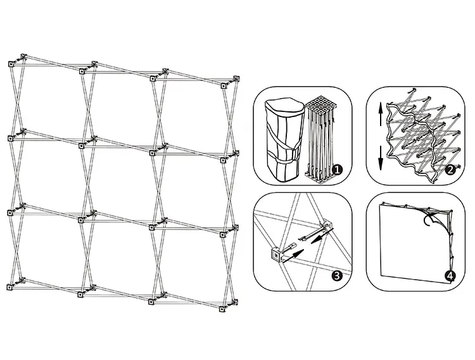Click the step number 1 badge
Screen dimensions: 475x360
click(x=337, y=170)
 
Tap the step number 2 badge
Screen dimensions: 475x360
click(x=450, y=170)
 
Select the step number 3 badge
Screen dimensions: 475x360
click(x=337, y=276)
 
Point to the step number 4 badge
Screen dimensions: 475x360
click(x=450, y=276)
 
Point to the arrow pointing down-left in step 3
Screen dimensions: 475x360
click(x=322, y=235)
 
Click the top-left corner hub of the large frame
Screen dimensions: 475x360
click(x=11, y=64)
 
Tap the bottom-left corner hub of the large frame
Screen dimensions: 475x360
click(x=10, y=287)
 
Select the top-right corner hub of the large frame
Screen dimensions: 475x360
click(x=224, y=86)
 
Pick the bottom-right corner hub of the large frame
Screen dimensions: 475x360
click(x=222, y=309)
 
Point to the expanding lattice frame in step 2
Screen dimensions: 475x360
click(x=422, y=136)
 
